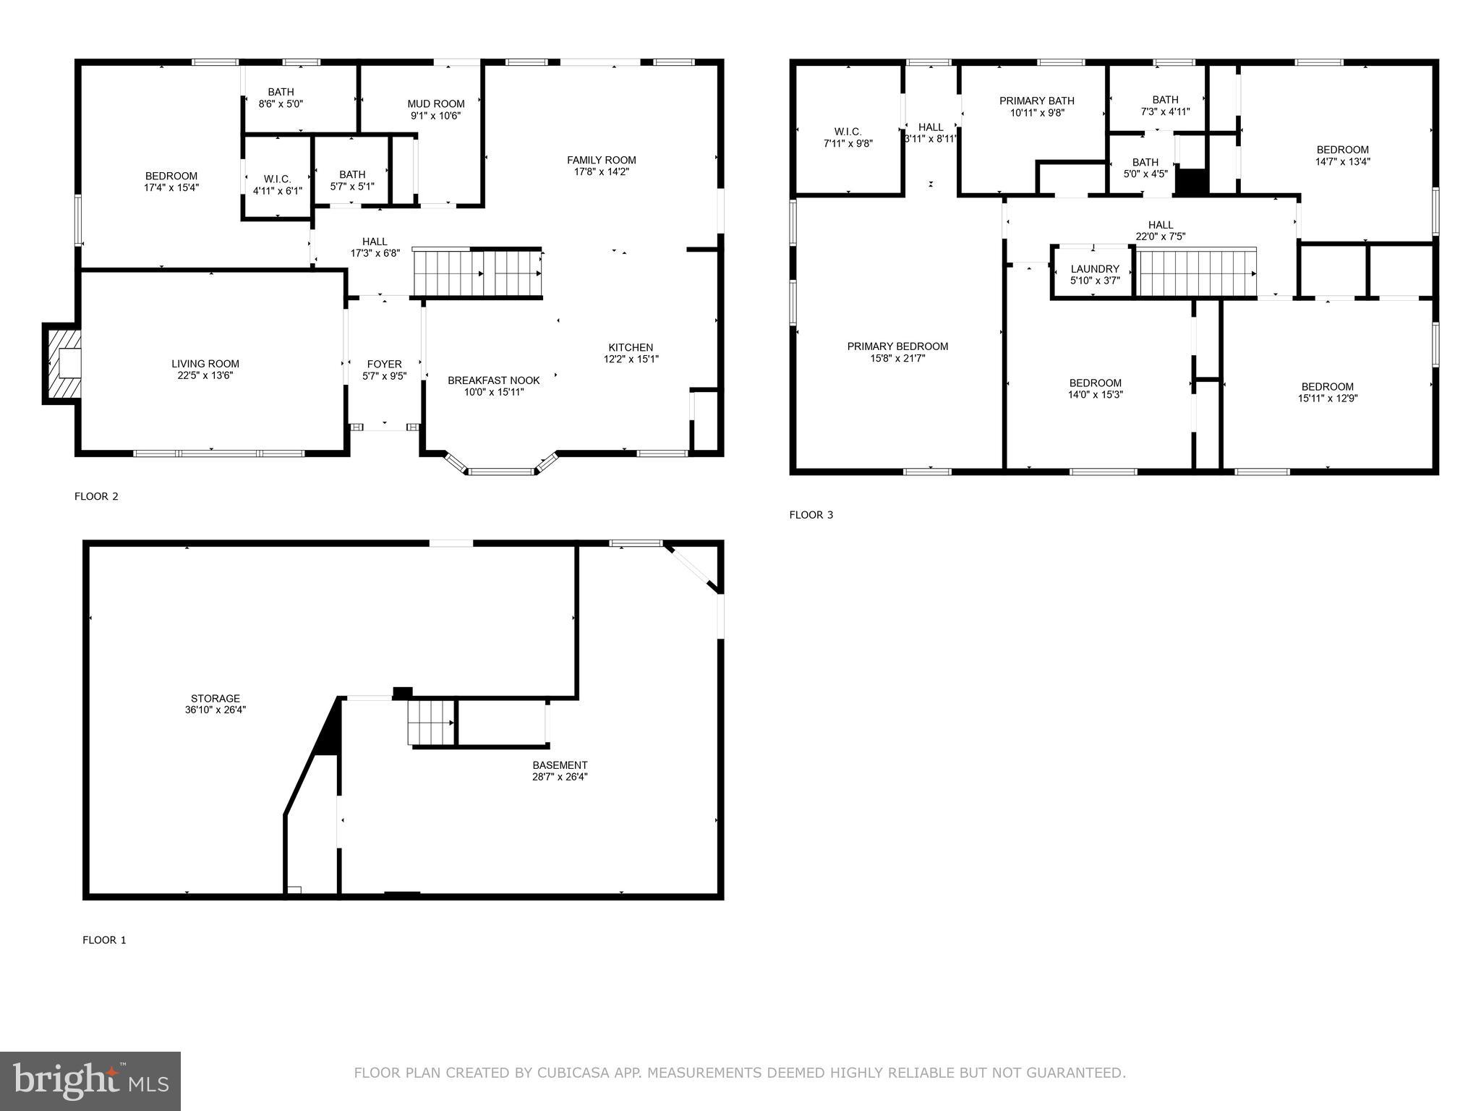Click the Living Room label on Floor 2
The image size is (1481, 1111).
pyautogui.click(x=205, y=364)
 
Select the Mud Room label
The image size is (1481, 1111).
pyautogui.click(x=435, y=104)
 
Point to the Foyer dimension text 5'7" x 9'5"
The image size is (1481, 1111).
pyautogui.click(x=384, y=376)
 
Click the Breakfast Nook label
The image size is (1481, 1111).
pyautogui.click(x=493, y=380)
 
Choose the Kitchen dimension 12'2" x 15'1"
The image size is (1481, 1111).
pyautogui.click(x=631, y=359)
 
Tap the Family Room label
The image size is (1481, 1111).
pyautogui.click(x=601, y=161)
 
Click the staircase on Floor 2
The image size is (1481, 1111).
pyautogui.click(x=477, y=273)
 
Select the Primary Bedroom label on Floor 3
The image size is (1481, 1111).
pyautogui.click(x=897, y=346)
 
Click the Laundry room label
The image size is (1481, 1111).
pyautogui.click(x=1095, y=269)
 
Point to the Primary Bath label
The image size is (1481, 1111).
pyautogui.click(x=1036, y=101)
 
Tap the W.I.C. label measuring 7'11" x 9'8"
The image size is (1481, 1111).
pyautogui.click(x=848, y=132)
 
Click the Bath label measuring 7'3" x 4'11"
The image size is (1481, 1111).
pyautogui.click(x=1165, y=100)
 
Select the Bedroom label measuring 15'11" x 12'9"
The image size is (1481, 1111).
pyautogui.click(x=1327, y=386)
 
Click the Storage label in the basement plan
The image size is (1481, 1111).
pyautogui.click(x=215, y=699)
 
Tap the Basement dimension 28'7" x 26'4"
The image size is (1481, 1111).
pyautogui.click(x=560, y=777)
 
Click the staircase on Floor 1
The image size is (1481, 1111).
pyautogui.click(x=431, y=722)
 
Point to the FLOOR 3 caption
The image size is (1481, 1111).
pyautogui.click(x=811, y=515)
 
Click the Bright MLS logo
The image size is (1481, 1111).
pyautogui.click(x=90, y=1081)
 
